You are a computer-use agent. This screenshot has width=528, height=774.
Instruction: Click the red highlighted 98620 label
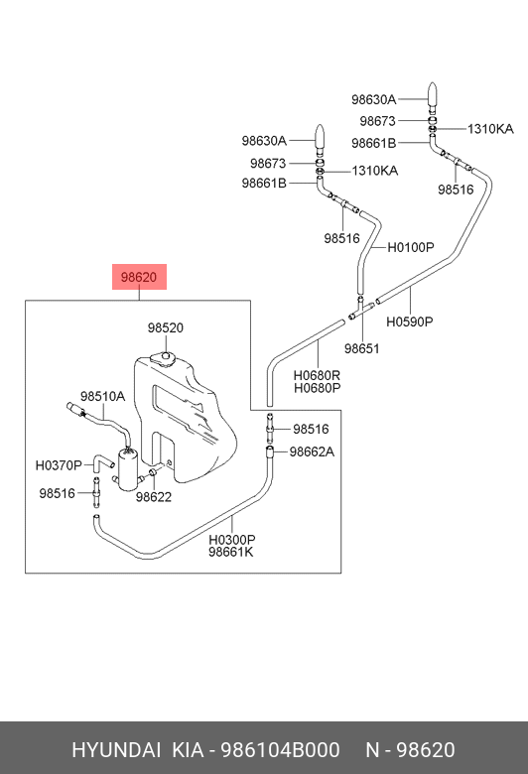(139, 277)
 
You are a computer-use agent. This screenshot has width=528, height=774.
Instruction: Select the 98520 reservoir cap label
(166, 327)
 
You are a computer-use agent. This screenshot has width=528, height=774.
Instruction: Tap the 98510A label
(103, 396)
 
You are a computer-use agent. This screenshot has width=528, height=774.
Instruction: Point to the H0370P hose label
(59, 465)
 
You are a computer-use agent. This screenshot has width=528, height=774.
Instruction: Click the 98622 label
(154, 497)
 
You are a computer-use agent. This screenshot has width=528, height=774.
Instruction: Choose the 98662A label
(312, 451)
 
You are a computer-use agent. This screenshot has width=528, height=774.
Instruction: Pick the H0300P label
(231, 540)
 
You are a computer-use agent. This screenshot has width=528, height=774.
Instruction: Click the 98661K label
(230, 552)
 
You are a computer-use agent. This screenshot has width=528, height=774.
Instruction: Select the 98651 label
(362, 348)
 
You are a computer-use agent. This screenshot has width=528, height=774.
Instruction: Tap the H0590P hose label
(410, 322)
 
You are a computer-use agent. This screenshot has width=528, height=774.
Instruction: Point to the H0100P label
(411, 247)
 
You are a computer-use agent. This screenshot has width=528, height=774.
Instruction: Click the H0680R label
(317, 376)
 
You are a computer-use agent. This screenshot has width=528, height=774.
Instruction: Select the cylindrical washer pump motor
(129, 469)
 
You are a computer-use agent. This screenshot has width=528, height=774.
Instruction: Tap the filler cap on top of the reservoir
(163, 358)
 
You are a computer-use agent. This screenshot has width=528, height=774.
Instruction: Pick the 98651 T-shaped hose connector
(361, 309)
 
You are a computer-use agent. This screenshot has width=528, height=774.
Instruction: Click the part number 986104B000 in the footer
(280, 750)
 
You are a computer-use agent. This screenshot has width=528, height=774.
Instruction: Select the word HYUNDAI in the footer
(116, 750)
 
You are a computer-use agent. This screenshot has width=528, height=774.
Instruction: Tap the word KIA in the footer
(188, 750)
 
